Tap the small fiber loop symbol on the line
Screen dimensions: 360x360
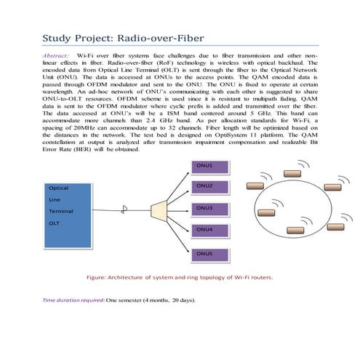[124, 209]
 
